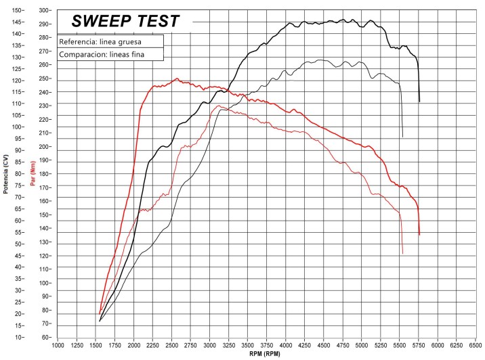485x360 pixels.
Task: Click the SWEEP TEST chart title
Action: coord(126,21)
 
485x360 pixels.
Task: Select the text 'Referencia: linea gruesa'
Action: coord(102,41)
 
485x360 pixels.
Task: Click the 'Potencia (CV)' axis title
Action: coord(5,173)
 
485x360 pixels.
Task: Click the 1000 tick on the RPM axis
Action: coord(58,344)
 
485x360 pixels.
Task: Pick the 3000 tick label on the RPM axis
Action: coord(210,344)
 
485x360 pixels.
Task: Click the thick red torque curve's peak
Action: coord(176,78)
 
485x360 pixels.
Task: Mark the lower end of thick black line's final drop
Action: coord(419,102)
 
